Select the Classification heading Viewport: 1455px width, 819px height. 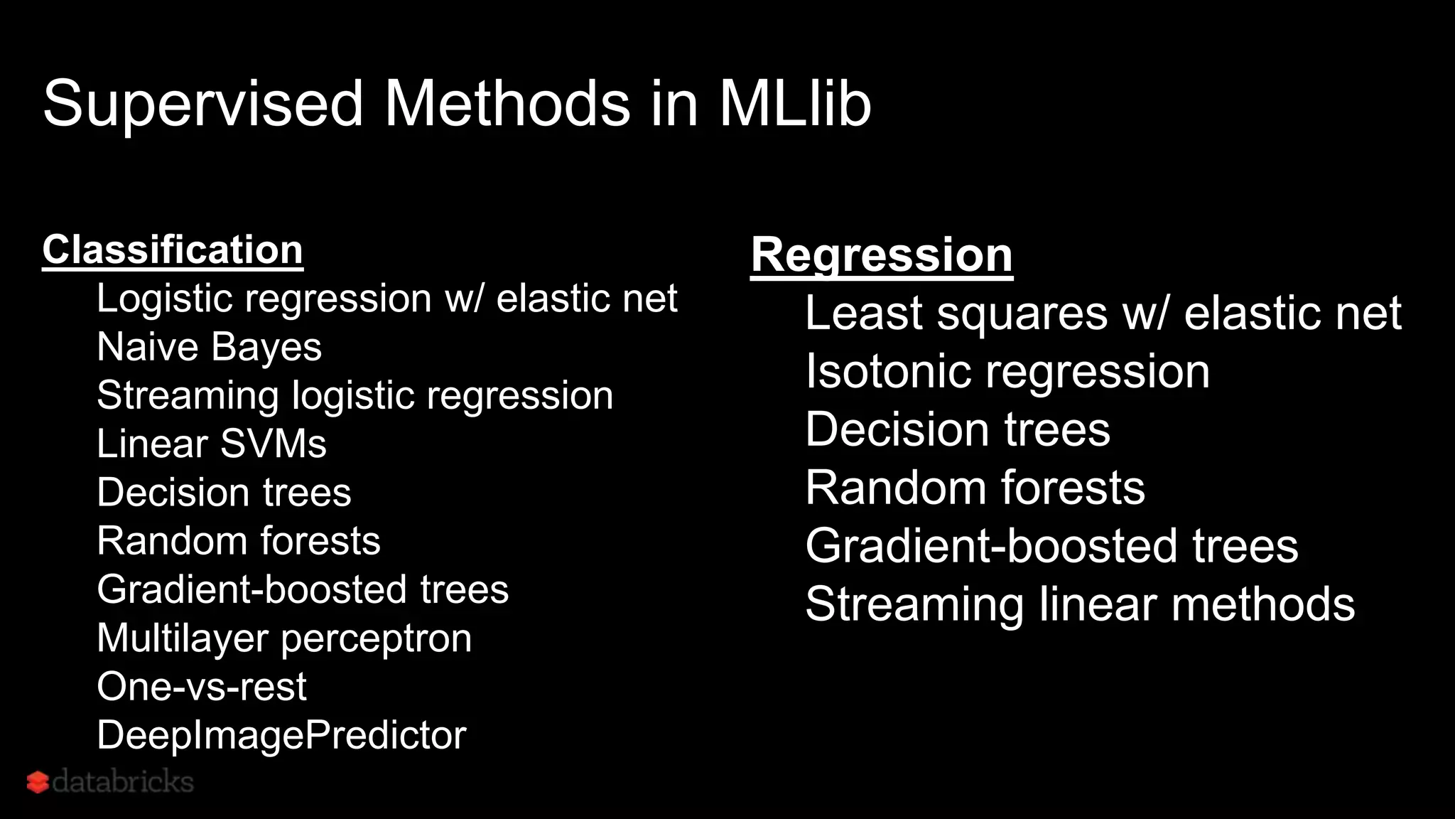pyautogui.click(x=173, y=250)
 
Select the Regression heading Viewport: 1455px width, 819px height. pyautogui.click(x=882, y=255)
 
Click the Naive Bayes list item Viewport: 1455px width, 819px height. pyautogui.click(x=209, y=347)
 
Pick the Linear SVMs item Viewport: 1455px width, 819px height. pyautogui.click(x=211, y=444)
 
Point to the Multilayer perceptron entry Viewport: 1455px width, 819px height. pyautogui.click(x=284, y=638)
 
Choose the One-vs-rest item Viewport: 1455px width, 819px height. pyautogui.click(x=202, y=686)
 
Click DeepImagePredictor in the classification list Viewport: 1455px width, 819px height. pyautogui.click(x=281, y=734)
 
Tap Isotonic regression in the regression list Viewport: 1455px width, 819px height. pyautogui.click(x=1007, y=371)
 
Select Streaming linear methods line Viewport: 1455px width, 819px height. pyautogui.click(x=1080, y=604)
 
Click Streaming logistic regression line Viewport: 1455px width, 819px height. pyautogui.click(x=355, y=395)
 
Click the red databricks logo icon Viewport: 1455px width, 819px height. pyautogui.click(x=38, y=782)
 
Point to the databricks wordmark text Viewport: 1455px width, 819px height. pyautogui.click(x=123, y=781)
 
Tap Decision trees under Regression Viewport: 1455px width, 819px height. pyautogui.click(x=957, y=429)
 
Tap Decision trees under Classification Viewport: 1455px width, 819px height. pyautogui.click(x=224, y=492)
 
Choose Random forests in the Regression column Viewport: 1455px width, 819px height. pyautogui.click(x=975, y=488)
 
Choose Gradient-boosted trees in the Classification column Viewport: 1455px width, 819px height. pyautogui.click(x=303, y=589)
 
